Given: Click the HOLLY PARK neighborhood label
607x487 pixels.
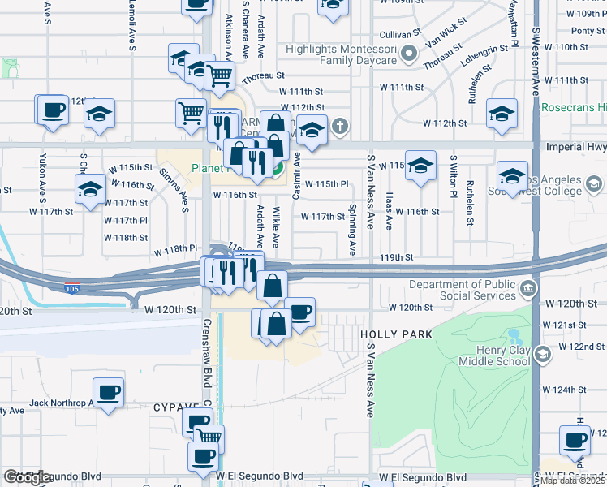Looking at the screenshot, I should (397, 334).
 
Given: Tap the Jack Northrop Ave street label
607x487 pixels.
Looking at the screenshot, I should (61, 403).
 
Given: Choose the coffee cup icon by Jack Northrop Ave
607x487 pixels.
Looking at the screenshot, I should (107, 394).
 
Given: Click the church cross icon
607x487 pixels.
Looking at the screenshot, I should (339, 127).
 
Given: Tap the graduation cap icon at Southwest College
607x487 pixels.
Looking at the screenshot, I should (513, 176).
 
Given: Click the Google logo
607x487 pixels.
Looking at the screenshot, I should (27, 477).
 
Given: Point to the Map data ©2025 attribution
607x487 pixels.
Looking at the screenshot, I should (572, 481).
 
